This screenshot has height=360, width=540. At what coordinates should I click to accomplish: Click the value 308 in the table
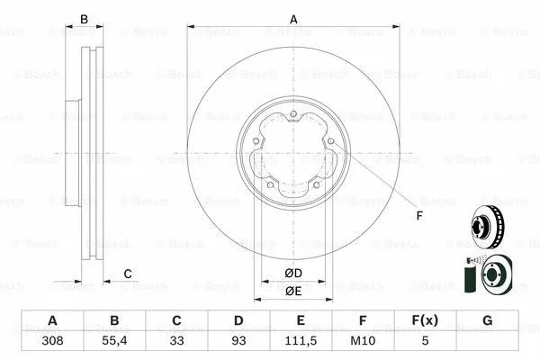pos(52,341)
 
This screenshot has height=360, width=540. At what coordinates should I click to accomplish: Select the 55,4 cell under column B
pos(114,341)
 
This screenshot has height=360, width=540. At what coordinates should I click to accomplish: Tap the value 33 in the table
pos(176,341)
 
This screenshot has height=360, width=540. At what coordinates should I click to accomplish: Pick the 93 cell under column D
pos(238,341)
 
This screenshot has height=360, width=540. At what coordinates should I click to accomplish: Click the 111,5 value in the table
pos(301,341)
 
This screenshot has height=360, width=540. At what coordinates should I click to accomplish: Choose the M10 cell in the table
pos(363,341)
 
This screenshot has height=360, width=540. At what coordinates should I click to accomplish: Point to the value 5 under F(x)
pos(426,341)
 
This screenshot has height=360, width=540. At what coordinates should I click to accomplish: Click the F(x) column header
pos(425,320)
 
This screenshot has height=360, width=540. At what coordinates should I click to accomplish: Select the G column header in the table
pos(487,320)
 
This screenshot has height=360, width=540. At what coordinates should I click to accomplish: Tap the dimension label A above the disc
pos(293,19)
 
